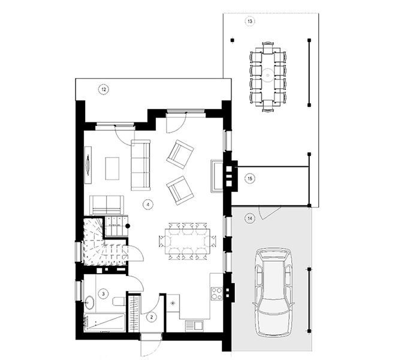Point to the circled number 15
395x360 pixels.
pos(249,178)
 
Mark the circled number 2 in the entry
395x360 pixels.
pos(152,316)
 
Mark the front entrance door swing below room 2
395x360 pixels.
pos(150,347)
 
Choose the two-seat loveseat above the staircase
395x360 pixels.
pos(106,204)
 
